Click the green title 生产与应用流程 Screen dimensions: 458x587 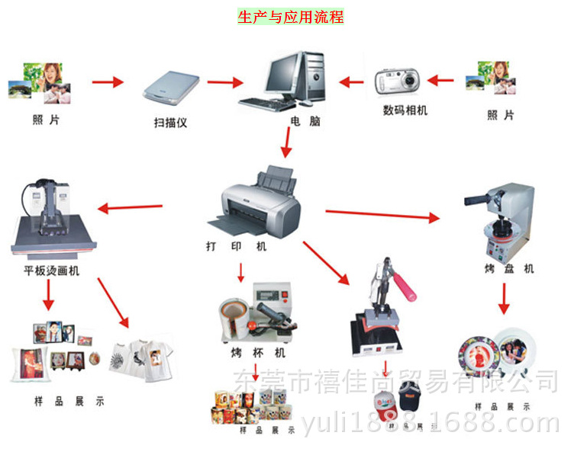click(290, 17)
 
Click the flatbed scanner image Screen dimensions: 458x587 click(172, 87)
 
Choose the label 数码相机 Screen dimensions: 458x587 click(405, 110)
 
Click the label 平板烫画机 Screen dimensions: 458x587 click(51, 271)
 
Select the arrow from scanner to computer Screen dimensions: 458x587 click(224, 82)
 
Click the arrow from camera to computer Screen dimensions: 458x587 click(355, 82)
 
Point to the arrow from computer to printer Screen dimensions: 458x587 click(287, 143)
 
